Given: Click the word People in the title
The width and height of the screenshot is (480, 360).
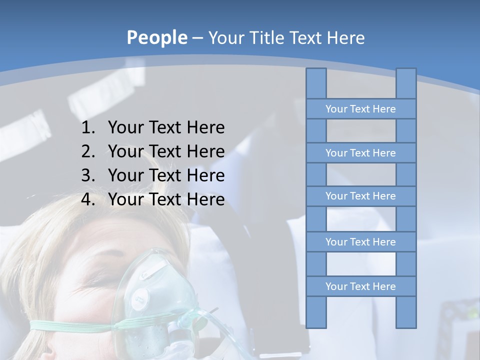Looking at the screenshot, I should pos(157,37).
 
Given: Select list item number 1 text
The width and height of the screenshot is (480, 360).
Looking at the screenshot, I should pos(166,127).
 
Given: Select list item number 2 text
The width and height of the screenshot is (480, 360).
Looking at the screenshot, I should pos(166,151).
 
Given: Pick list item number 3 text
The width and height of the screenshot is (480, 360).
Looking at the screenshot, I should pos(166,175).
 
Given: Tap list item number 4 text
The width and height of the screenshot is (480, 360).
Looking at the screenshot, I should pos(166,199).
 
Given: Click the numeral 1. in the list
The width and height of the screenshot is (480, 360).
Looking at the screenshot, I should pos(88,127).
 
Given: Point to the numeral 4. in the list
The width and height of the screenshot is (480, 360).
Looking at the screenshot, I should pos(88,199).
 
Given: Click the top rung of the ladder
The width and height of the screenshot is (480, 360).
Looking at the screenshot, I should pos(360,109).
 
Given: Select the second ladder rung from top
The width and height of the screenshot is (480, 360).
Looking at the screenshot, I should pos(360,153).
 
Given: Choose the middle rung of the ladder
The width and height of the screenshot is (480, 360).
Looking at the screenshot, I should pos(360,196).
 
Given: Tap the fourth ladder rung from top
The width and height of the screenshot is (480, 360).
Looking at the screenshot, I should pos(360,242).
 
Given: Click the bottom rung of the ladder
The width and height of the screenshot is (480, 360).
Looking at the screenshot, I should pos(360,286).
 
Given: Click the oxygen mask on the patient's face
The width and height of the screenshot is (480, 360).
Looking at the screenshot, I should pos(150,295).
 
